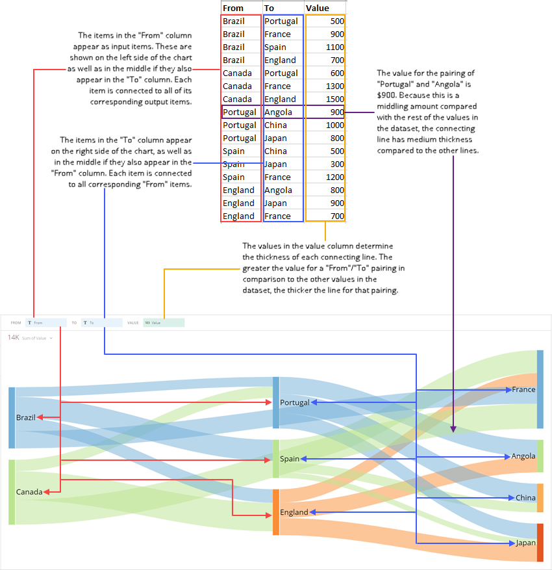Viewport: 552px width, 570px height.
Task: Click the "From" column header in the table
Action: coord(233,8)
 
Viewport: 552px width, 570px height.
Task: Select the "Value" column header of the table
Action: coord(317,8)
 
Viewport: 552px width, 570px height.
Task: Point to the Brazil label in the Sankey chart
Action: coord(26,417)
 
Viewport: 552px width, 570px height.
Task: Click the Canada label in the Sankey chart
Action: coord(29,492)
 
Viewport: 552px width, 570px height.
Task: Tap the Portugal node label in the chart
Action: coord(295,403)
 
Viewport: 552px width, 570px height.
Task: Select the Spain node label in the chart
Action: coord(290,459)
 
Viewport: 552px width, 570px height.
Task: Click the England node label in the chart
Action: coord(294,512)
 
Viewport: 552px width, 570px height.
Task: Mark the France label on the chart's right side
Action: coord(523,389)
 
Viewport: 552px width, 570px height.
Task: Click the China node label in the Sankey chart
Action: coord(525,498)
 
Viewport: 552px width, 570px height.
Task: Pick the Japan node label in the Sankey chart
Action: coord(525,543)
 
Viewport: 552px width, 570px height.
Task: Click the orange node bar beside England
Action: coord(276,512)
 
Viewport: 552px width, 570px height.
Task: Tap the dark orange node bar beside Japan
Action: coord(540,543)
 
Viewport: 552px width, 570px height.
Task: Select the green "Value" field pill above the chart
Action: coord(164,322)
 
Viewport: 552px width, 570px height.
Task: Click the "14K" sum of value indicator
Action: coord(14,338)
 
